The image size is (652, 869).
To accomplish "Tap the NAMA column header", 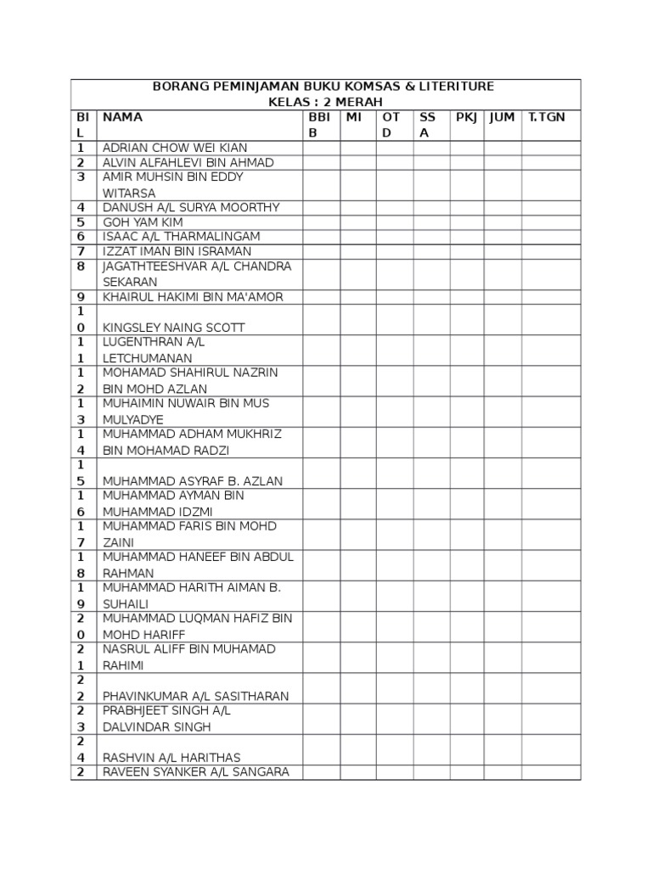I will coord(122,117).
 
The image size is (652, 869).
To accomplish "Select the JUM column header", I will coord(502,117).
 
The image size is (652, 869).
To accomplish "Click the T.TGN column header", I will coord(546,117).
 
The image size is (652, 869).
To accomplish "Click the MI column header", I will coord(354,117).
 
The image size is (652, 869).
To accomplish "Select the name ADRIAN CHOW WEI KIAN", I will coord(175,149).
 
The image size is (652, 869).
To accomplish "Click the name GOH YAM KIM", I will coord(143,222).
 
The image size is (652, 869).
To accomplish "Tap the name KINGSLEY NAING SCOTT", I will coord(174,328).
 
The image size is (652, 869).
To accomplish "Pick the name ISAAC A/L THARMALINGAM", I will coord(182,237).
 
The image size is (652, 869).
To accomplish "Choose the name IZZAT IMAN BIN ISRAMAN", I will coord(177,252).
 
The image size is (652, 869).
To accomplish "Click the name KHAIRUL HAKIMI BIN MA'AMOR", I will coord(193,297).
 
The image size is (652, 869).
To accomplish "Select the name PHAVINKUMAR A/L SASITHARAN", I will coord(196,697).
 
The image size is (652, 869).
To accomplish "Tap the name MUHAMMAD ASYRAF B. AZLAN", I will coord(193,481).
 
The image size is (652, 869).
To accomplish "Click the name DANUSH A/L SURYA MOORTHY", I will coord(191,207).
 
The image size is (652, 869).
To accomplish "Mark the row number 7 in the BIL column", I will coord(81,252).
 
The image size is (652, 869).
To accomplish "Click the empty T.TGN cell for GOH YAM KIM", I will coord(551,222).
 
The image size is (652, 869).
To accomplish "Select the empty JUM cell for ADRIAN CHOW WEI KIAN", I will coord(503,149).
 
